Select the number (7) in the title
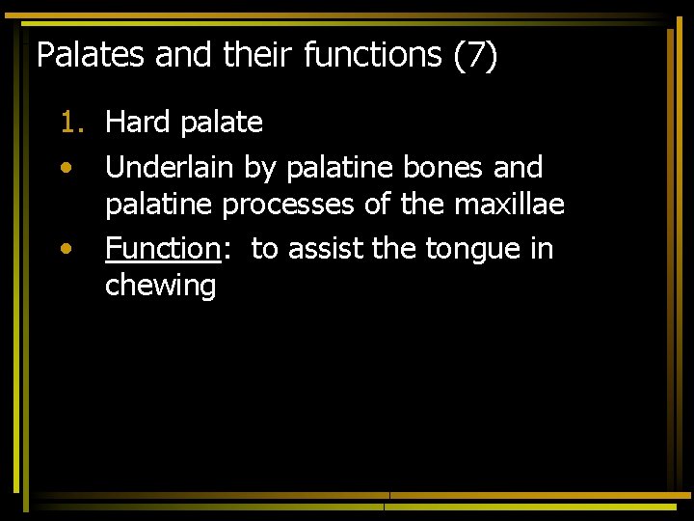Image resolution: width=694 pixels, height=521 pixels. (x=475, y=55)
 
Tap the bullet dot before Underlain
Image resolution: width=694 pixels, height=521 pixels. (x=65, y=168)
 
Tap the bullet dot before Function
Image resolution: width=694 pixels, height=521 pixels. (x=65, y=249)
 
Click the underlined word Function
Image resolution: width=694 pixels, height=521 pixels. (x=163, y=249)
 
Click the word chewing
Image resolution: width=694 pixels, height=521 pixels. (x=160, y=287)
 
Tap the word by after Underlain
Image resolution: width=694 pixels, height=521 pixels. (x=259, y=169)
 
